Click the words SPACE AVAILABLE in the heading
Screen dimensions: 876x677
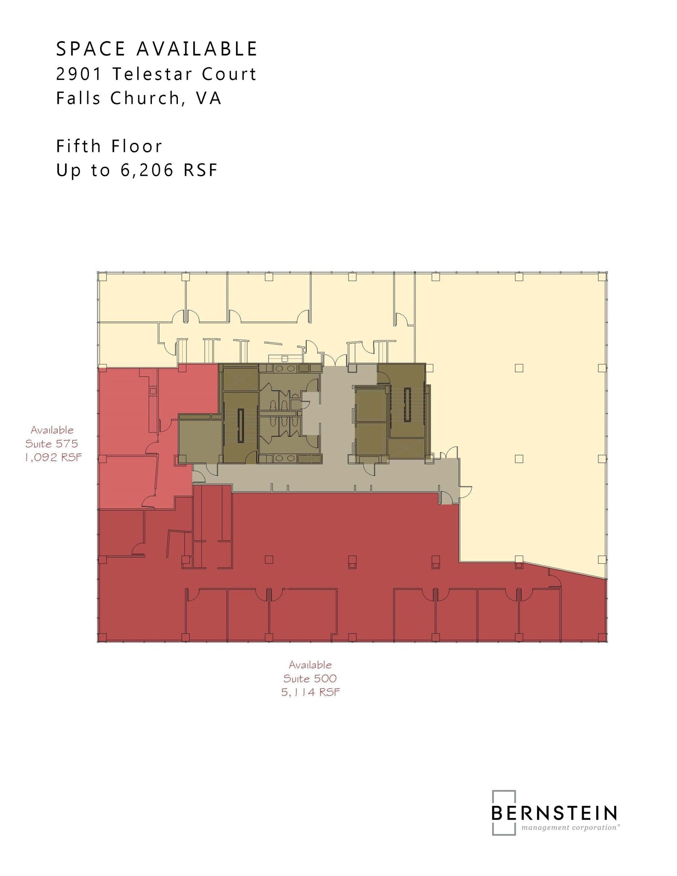click(x=157, y=49)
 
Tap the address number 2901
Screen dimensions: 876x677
click(x=79, y=74)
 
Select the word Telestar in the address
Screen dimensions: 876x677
click(x=151, y=74)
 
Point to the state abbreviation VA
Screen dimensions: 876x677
click(x=209, y=98)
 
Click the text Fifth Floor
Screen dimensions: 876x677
click(x=109, y=146)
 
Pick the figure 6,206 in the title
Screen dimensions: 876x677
click(x=147, y=171)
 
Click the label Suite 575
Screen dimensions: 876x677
click(x=52, y=444)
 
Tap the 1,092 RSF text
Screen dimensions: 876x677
click(x=53, y=457)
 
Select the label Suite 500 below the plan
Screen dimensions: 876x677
click(x=310, y=678)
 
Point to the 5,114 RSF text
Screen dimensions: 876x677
click(x=310, y=692)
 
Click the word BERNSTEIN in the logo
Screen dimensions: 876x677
click(x=554, y=813)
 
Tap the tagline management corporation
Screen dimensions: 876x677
click(x=570, y=828)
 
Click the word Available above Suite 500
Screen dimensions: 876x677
click(x=310, y=665)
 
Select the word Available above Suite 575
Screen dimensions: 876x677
click(x=52, y=430)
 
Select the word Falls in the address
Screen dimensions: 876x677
click(x=78, y=98)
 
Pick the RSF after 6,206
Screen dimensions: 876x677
click(x=201, y=171)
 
